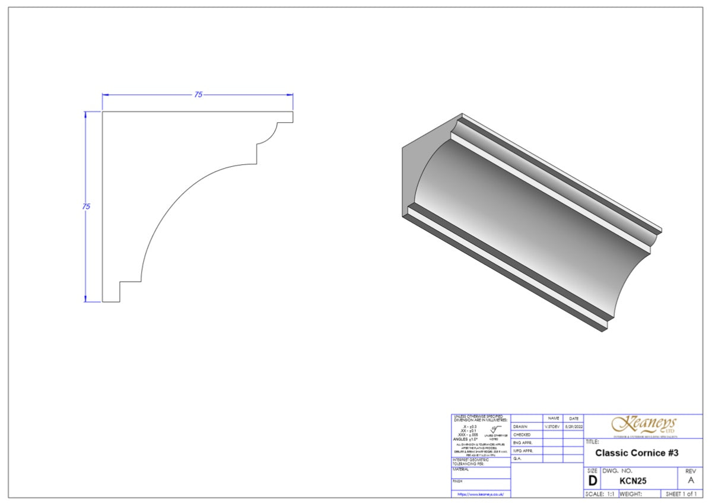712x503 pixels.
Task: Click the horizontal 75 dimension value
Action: click(x=198, y=94)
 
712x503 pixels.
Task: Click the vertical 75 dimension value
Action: click(x=86, y=206)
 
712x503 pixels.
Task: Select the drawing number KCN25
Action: click(x=632, y=481)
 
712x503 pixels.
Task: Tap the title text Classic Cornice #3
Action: click(x=636, y=453)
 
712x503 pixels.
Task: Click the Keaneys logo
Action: click(x=643, y=425)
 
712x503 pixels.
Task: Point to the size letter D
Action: click(x=592, y=481)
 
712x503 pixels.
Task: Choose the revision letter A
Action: click(x=690, y=481)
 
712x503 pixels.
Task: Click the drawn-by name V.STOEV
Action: click(x=552, y=426)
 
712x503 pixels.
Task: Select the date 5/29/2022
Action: click(x=573, y=426)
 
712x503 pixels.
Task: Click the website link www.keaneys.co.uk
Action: click(x=481, y=494)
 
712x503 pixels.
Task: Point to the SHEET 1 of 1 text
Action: click(x=681, y=494)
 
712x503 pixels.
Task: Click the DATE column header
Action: click(x=573, y=418)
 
